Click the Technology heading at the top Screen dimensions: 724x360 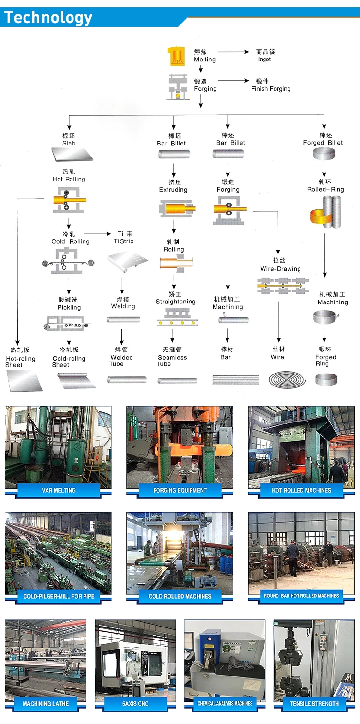click(x=48, y=18)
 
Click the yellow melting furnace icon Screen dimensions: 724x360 click(x=176, y=56)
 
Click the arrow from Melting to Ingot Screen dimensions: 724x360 click(x=234, y=52)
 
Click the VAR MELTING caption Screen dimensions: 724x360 click(x=59, y=490)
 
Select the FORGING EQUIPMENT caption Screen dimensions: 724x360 click(x=180, y=490)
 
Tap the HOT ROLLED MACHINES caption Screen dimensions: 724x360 click(x=301, y=490)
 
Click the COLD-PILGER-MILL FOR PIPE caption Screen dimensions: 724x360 click(x=59, y=596)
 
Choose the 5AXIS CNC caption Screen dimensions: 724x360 click(x=135, y=703)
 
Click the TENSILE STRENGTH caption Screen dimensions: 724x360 click(x=314, y=703)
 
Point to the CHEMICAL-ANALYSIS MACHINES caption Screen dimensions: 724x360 click(x=225, y=703)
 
